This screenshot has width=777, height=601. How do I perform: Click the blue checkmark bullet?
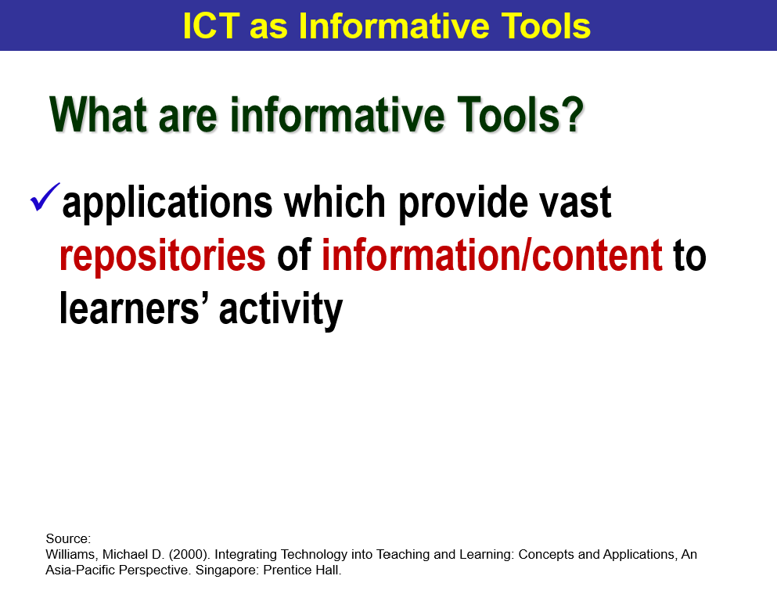45,196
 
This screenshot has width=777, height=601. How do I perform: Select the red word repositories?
162,256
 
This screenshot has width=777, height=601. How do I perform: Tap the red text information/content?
492,256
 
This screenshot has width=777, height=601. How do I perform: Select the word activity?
281,310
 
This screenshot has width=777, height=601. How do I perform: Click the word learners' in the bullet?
135,308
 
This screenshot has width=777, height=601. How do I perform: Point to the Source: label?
69,538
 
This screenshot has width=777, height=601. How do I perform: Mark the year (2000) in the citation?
190,554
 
